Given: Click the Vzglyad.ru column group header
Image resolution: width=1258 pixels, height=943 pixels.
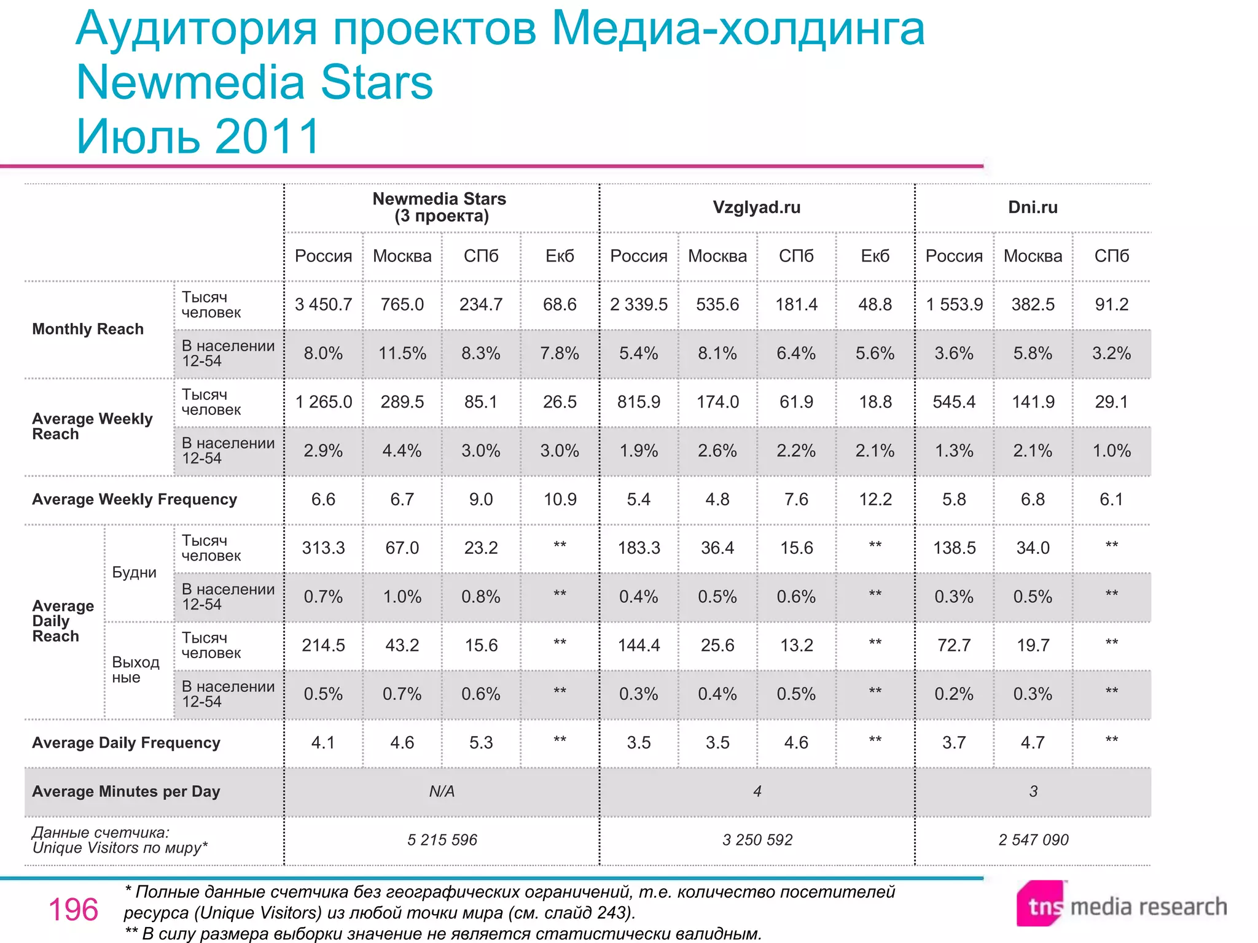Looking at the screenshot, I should pos(756,208).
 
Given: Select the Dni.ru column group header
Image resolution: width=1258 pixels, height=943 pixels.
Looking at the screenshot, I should pos(1033,208).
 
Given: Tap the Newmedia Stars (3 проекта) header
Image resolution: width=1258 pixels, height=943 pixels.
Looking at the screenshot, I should pos(440,208).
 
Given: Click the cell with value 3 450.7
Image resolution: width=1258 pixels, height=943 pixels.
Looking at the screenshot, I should pos(323,305).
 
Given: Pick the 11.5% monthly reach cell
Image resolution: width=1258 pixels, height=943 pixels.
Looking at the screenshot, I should pos(402,353).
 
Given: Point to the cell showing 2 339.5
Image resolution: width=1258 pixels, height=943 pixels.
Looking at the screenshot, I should pos(638,305).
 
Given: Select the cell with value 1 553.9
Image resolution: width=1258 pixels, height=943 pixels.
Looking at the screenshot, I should pos(954,305).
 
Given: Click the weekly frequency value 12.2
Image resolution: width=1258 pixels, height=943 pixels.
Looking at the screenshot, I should pos(875,499).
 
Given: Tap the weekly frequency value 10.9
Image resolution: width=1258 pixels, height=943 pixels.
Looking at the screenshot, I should pos(560,499).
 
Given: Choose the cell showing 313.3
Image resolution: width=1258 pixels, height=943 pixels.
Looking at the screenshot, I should pos(323,548).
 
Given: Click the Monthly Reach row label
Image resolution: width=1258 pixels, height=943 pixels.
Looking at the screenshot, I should pos(88,329).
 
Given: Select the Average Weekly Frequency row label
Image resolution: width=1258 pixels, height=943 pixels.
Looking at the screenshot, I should pos(134,499).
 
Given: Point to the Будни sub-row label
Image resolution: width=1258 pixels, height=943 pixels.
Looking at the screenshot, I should pos(134,572).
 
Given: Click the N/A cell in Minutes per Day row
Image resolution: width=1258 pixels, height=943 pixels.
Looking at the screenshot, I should pos(441,791).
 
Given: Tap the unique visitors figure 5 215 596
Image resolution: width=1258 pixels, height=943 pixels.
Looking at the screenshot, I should pos(442,840).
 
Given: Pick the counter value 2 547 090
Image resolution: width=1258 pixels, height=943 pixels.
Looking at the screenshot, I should pos(1033,840).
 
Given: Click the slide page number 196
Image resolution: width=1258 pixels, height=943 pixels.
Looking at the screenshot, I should pos(73,910).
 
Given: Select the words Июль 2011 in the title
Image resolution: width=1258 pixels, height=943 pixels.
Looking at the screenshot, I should pos(198,136).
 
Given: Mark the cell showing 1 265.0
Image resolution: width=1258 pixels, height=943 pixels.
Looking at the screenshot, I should pos(323,402).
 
